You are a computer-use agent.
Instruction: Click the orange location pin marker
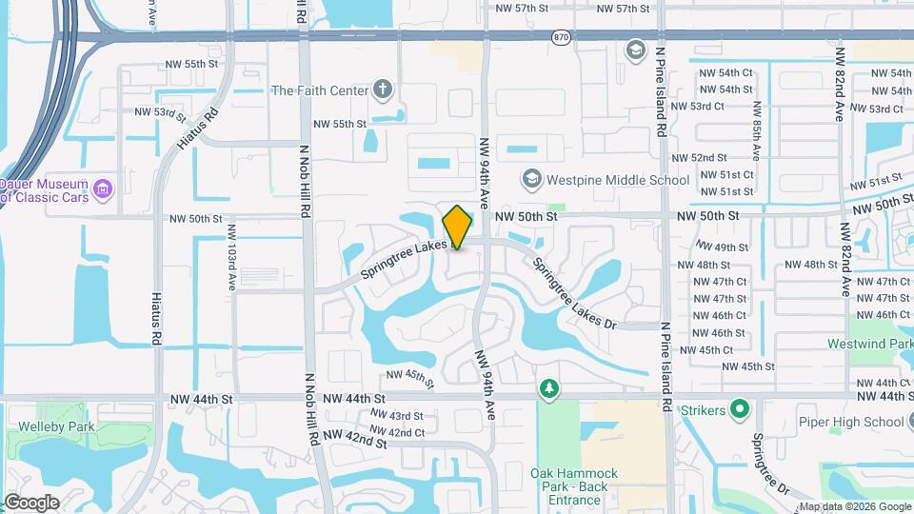(457, 227)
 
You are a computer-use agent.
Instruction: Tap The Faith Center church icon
(383, 90)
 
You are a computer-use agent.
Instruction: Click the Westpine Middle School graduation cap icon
(531, 179)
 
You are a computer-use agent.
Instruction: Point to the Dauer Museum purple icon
(103, 188)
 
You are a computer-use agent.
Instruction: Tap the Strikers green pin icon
(741, 411)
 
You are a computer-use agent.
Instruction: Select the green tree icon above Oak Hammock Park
(548, 388)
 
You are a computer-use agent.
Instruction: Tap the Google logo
(31, 502)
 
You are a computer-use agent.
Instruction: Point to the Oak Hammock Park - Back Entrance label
(574, 486)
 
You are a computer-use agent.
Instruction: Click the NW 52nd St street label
(699, 158)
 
